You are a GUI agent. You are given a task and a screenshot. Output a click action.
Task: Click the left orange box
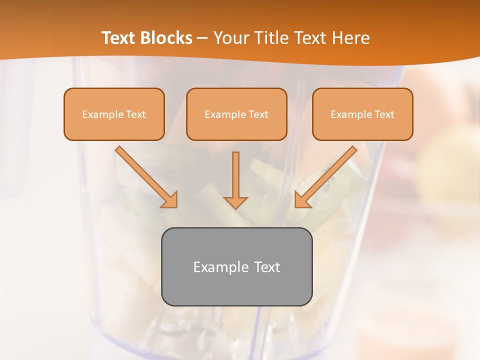[114, 114]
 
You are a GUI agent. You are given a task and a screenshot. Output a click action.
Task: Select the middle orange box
[236, 114]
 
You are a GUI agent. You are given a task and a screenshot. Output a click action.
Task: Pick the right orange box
[362, 114]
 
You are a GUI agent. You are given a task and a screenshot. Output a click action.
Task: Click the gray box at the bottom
[236, 266]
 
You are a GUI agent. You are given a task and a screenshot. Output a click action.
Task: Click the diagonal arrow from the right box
[325, 176]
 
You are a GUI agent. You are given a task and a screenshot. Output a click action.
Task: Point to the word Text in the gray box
[267, 267]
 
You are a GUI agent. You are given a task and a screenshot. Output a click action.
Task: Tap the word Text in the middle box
[258, 114]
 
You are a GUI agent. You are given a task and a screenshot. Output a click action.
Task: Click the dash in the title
[202, 38]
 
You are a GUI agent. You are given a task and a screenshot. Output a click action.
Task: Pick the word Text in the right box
[384, 114]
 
